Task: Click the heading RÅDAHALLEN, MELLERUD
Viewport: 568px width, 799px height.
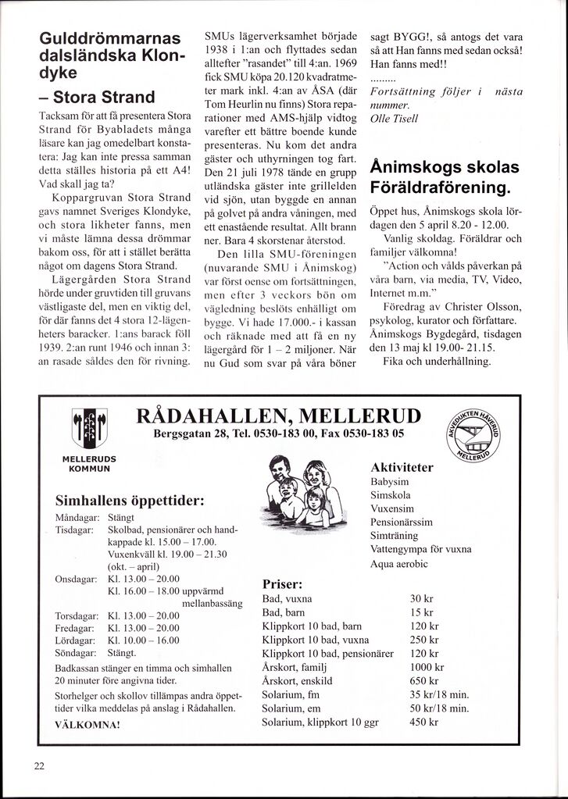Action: [278, 415]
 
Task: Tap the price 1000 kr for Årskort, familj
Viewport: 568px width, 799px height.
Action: [427, 668]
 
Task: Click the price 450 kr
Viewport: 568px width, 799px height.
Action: [425, 722]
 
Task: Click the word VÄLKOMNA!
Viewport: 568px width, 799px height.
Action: [89, 725]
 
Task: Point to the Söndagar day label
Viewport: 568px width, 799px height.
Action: [77, 652]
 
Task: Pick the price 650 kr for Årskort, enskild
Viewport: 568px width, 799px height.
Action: [424, 681]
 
